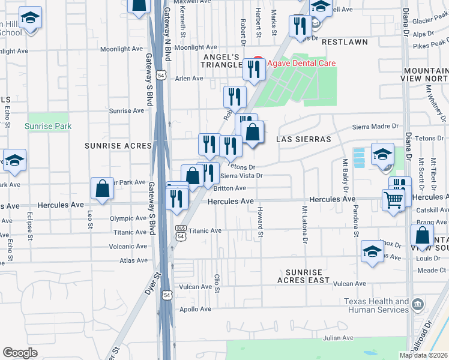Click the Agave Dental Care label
(302, 63)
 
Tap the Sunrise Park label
(48, 126)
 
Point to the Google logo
(20, 352)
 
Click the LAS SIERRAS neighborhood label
(303, 139)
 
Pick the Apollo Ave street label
(196, 310)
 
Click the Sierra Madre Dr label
(375, 127)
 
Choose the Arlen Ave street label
(189, 79)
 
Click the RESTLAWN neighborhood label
(344, 43)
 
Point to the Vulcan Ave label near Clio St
(196, 287)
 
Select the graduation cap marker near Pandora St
(382, 154)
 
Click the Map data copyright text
(423, 355)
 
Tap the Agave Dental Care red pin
(258, 62)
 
